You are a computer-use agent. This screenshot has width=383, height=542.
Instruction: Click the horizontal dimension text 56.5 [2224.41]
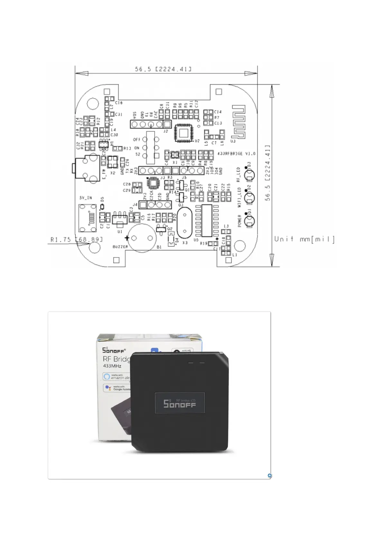point(163,69)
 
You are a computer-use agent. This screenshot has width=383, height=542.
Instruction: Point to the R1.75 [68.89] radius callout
point(77,239)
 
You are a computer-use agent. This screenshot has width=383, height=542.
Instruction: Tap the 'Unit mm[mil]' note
point(304,239)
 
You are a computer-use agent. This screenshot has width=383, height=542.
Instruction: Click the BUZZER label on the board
point(120,247)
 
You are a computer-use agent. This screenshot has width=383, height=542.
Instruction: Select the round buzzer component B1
point(142,238)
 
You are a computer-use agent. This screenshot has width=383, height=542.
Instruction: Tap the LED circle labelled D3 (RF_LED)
point(249,175)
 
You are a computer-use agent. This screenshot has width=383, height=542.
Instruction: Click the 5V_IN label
point(86,198)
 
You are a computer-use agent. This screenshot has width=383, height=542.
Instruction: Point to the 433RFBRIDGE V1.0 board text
point(236,154)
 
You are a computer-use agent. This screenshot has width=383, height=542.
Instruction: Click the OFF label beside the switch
point(137,140)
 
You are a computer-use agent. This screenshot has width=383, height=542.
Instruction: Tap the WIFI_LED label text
point(239,198)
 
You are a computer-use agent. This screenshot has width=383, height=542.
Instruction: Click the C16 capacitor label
point(119,103)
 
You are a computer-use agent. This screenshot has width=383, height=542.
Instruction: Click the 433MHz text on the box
point(112,366)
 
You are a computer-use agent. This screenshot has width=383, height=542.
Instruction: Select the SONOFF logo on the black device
point(179,404)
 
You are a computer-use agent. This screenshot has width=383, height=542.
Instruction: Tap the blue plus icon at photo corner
point(269,475)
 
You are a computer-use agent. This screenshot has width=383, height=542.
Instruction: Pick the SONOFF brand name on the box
point(113,350)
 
